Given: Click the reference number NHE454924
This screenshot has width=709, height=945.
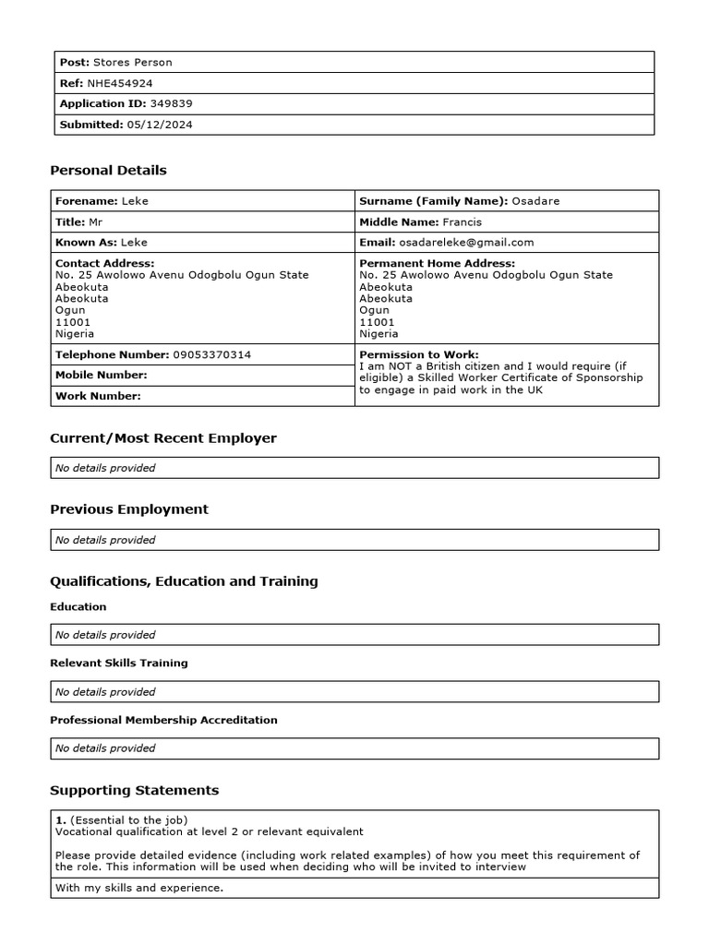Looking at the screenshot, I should pyautogui.click(x=120, y=83).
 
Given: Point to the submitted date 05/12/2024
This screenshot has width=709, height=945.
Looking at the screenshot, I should pyautogui.click(x=160, y=125).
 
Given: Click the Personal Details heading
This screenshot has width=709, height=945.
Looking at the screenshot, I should pyautogui.click(x=108, y=170).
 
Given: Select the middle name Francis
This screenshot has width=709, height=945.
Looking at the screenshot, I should pyautogui.click(x=462, y=221).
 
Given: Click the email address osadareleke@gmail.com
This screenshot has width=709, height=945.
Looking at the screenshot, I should pyautogui.click(x=466, y=242).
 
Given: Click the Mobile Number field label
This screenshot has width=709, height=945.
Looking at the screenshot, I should pyautogui.click(x=102, y=375).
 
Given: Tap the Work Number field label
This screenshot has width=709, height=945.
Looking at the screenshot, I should pyautogui.click(x=98, y=396).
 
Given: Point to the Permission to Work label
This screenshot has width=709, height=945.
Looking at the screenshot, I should pyautogui.click(x=418, y=354).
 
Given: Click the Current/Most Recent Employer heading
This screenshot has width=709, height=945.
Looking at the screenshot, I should pyautogui.click(x=163, y=437).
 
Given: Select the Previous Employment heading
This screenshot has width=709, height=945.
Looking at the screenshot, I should pyautogui.click(x=129, y=508).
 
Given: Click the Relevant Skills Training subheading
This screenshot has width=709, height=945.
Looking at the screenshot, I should pyautogui.click(x=119, y=663).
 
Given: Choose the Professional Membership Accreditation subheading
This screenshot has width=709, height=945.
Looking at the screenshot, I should pyautogui.click(x=163, y=720).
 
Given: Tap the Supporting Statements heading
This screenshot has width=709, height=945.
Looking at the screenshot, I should pyautogui.click(x=135, y=790).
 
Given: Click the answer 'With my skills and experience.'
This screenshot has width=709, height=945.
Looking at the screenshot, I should pyautogui.click(x=139, y=888).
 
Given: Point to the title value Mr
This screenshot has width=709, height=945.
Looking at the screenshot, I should pyautogui.click(x=96, y=221).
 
